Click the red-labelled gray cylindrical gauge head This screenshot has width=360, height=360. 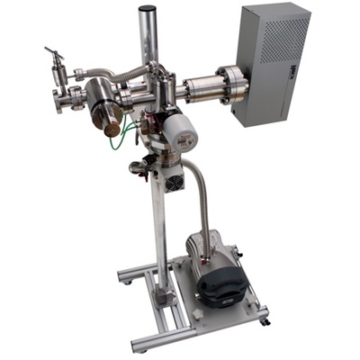[x=185, y=133]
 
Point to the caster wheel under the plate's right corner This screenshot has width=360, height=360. [x=264, y=318]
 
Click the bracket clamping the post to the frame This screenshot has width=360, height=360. [x=163, y=293]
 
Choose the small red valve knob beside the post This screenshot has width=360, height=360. [x=136, y=167]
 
